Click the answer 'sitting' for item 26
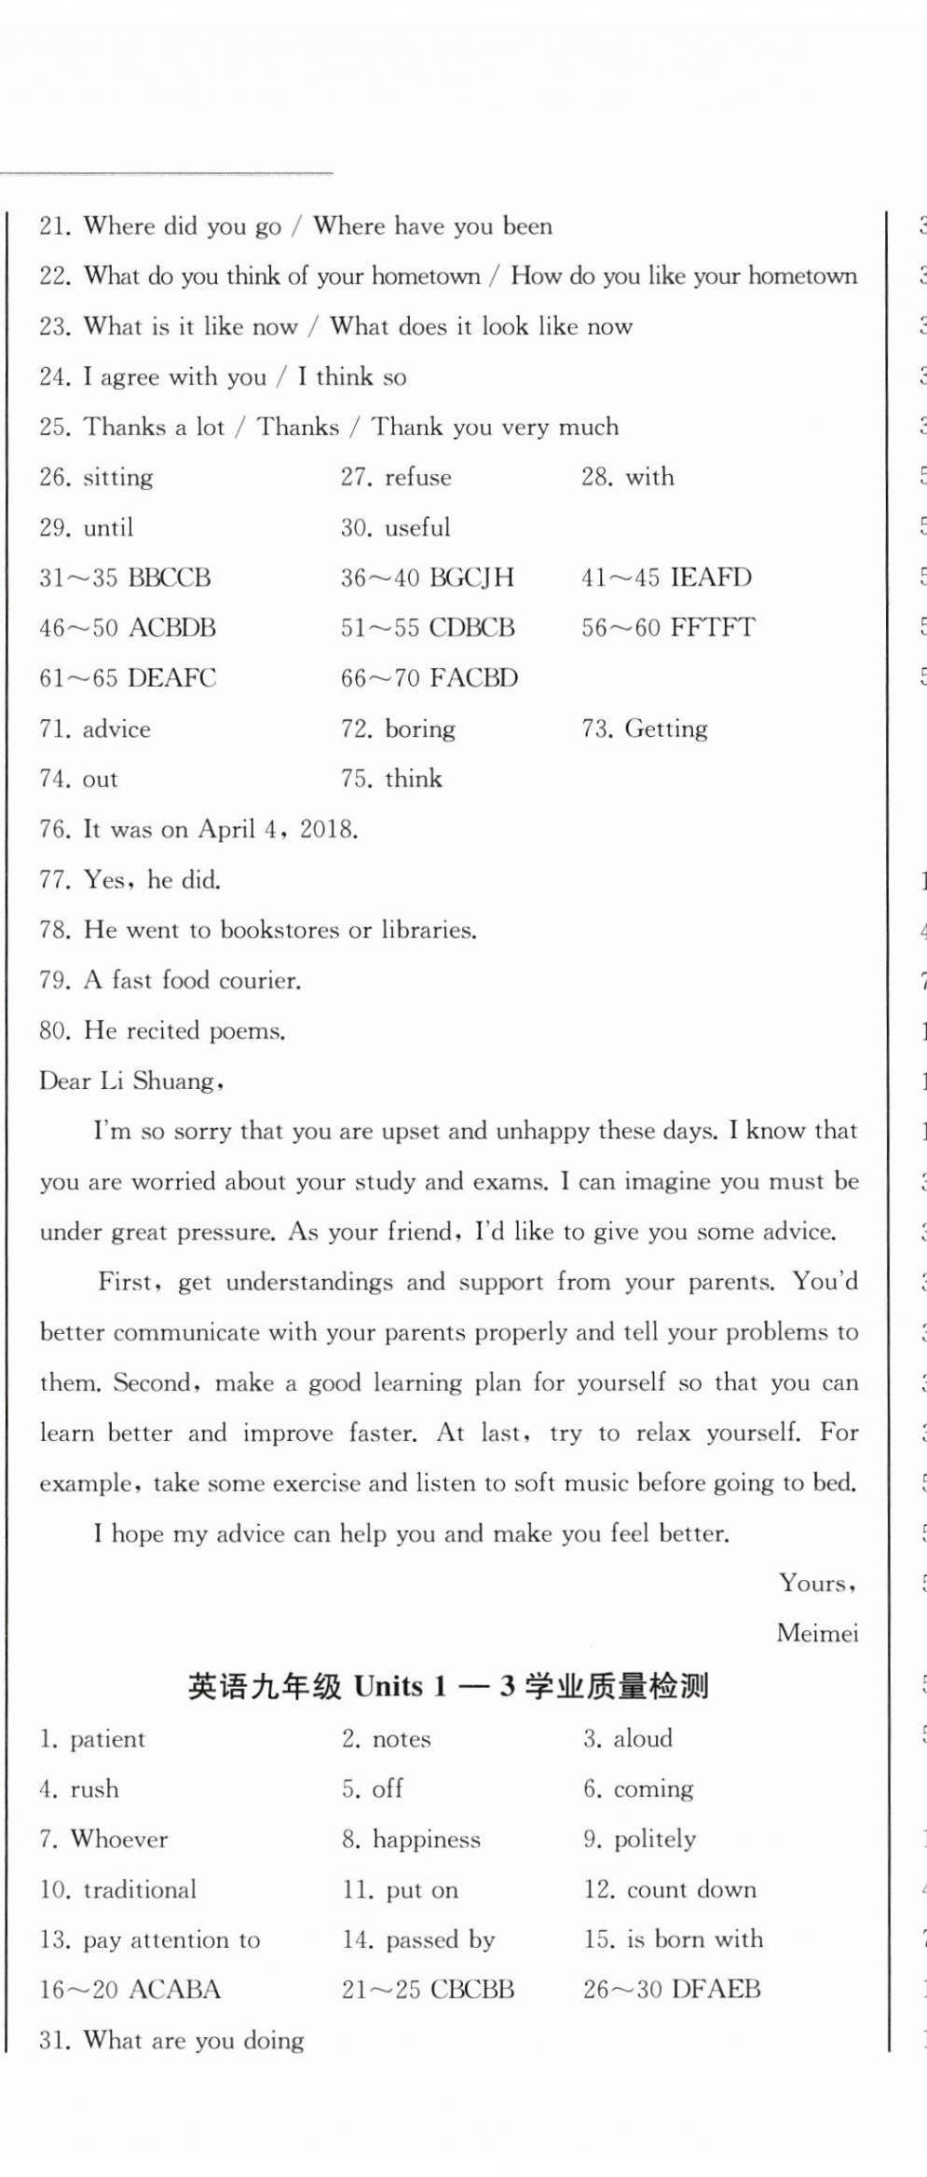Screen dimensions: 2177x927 coord(118,478)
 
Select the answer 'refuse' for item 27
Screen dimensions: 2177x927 coord(418,478)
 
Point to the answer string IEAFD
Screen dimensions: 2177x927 coord(711,578)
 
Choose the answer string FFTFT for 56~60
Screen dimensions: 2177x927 coord(713,628)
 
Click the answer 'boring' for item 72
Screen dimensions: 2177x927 coord(420,729)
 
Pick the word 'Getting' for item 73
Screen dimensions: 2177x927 coord(666,729)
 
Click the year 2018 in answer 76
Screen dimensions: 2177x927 coord(327,829)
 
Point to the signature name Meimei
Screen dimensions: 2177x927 coord(817,1633)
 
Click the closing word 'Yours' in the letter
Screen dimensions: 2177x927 coord(814,1583)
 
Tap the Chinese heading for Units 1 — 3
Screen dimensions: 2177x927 coord(448,1686)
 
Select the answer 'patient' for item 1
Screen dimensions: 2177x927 coord(107,1739)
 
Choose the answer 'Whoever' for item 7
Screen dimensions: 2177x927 coord(119,1840)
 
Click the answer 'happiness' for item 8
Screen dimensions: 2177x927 coord(427,1840)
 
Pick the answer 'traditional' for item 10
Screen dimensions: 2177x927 coord(140,1890)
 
